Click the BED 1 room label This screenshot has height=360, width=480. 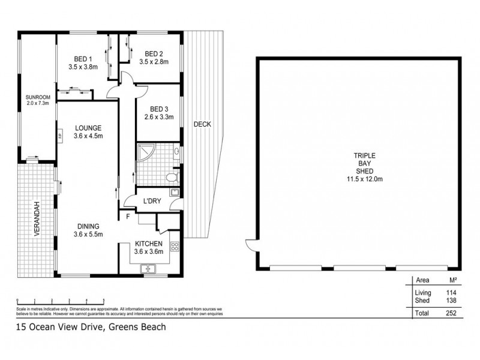[x=83, y=58]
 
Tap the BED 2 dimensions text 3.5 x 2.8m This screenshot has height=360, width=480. [x=154, y=61]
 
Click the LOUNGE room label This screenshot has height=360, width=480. [x=88, y=128]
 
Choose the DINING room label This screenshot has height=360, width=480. [x=88, y=226]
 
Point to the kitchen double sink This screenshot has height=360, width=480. [x=149, y=270]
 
